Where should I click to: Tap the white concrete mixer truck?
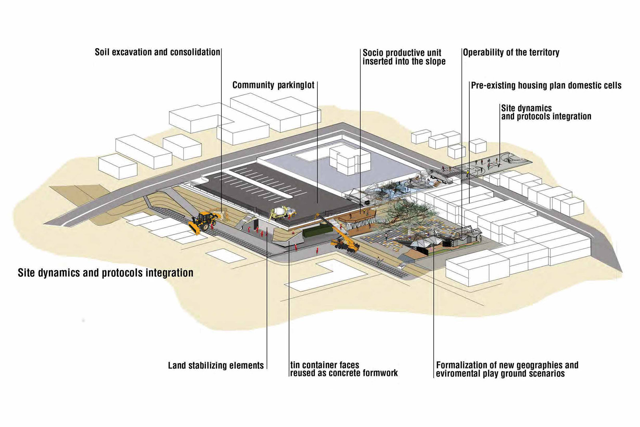(x=283, y=212)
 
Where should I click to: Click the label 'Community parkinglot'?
(x=273, y=85)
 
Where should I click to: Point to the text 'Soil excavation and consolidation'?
(x=157, y=52)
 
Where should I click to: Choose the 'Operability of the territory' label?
(x=511, y=52)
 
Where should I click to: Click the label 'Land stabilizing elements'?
(x=216, y=365)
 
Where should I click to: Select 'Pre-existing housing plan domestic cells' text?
(x=546, y=85)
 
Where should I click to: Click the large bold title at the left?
(x=106, y=273)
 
